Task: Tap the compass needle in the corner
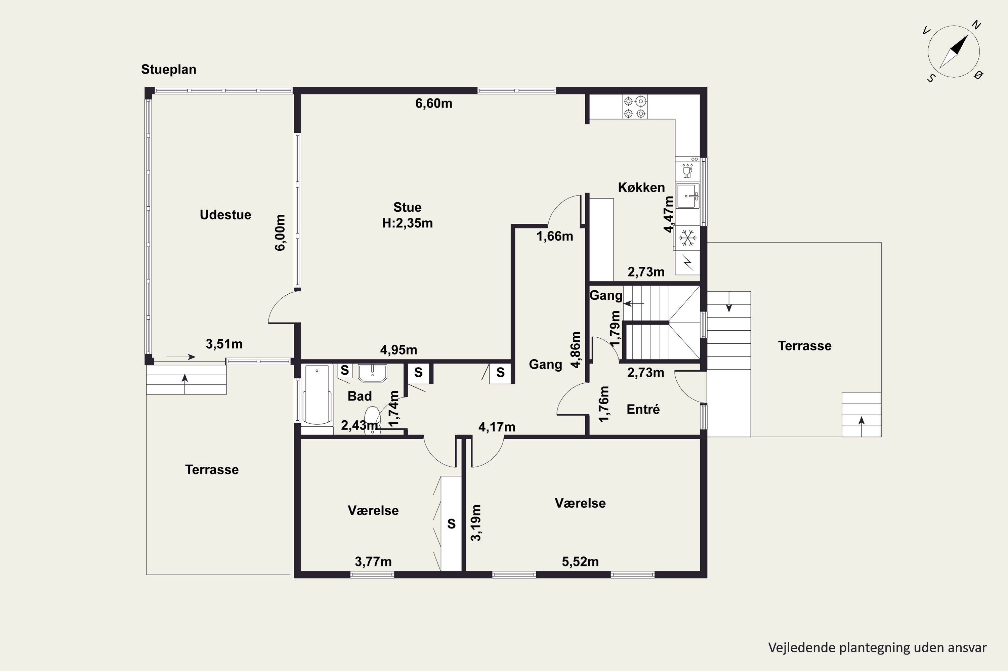(x=954, y=51)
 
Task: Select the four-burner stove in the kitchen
(x=635, y=107)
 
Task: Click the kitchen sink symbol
(x=687, y=196)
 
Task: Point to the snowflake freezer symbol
(x=687, y=238)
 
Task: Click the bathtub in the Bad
(x=317, y=395)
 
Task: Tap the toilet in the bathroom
(x=372, y=420)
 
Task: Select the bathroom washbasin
(x=372, y=373)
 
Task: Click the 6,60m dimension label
(x=434, y=103)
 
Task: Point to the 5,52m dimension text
(x=580, y=561)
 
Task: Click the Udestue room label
(x=225, y=215)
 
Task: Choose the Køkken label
(x=641, y=187)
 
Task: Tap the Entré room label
(x=643, y=409)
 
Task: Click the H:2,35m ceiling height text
(x=407, y=223)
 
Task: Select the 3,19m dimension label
(x=476, y=523)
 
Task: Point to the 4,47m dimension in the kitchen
(x=669, y=214)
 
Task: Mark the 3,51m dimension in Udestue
(x=224, y=344)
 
